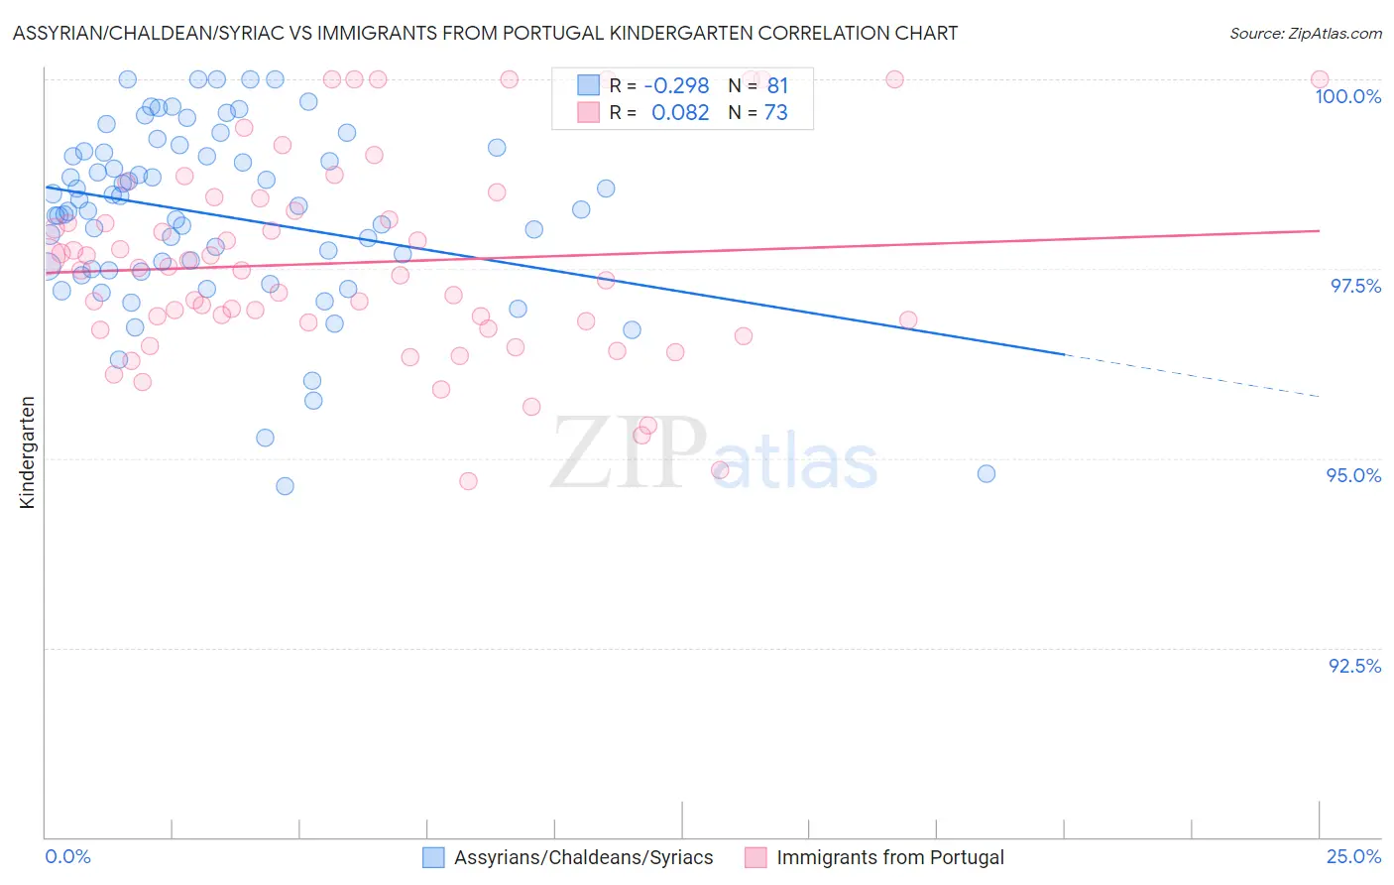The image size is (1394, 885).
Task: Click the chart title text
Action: [x=485, y=33]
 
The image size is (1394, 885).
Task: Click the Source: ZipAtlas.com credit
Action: [x=1305, y=33]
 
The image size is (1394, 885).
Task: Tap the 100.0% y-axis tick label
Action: [x=1347, y=96]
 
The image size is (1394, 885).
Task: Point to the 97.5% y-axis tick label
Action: [x=1354, y=286]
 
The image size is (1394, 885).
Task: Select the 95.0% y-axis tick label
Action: [x=1353, y=475]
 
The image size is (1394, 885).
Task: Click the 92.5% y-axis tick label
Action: [x=1354, y=666]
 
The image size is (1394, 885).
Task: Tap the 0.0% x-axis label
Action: [x=67, y=856]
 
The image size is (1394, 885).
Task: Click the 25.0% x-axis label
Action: [x=1353, y=856]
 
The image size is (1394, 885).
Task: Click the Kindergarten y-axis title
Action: [x=27, y=452]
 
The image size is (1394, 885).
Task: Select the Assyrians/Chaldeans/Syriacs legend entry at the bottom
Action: [x=583, y=857]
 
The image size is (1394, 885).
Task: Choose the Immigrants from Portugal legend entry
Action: [x=889, y=857]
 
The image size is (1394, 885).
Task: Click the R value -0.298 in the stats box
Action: [x=676, y=85]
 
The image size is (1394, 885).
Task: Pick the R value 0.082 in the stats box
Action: [x=680, y=112]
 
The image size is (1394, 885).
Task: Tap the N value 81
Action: [x=777, y=85]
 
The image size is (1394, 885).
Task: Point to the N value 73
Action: [x=775, y=112]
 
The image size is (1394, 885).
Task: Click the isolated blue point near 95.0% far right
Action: [x=987, y=473]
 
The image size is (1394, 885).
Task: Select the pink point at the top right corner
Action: [x=1320, y=79]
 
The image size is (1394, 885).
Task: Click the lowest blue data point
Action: [x=285, y=486]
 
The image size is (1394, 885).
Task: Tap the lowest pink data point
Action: [x=468, y=481]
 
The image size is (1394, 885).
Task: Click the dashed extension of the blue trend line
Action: [x=1190, y=375]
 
